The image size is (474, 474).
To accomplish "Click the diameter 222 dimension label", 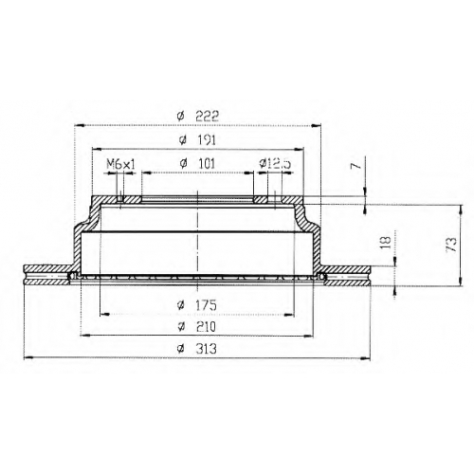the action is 198,117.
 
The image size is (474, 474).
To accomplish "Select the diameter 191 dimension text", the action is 197,140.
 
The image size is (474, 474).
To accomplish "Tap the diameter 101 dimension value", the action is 197,164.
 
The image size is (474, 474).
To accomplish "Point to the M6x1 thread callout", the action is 120,164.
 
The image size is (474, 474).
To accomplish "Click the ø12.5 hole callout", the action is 275,164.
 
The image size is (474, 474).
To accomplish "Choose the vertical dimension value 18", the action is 386,243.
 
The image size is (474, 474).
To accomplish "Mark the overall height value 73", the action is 451,245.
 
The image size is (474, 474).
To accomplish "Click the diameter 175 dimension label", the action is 197,305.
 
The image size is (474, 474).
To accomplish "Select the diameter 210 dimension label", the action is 197,327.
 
